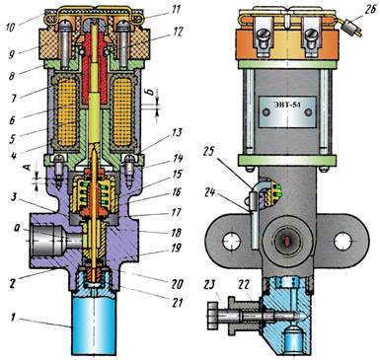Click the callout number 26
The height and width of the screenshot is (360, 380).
pyautogui.click(x=369, y=10)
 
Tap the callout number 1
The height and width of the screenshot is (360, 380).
pyautogui.click(x=14, y=318)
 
